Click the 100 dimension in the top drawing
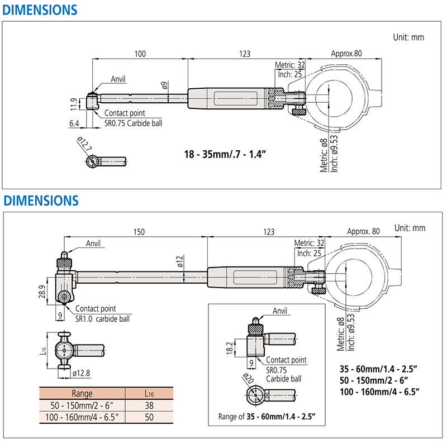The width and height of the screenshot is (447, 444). coord(140,54)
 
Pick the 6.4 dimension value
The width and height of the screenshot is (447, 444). coord(74,123)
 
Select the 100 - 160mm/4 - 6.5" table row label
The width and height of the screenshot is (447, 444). coord(82,417)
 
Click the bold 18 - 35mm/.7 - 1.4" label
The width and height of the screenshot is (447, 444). coord(225,152)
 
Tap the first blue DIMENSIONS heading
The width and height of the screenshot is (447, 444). coord(40,9)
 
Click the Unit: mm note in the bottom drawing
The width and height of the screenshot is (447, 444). coord(410,227)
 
